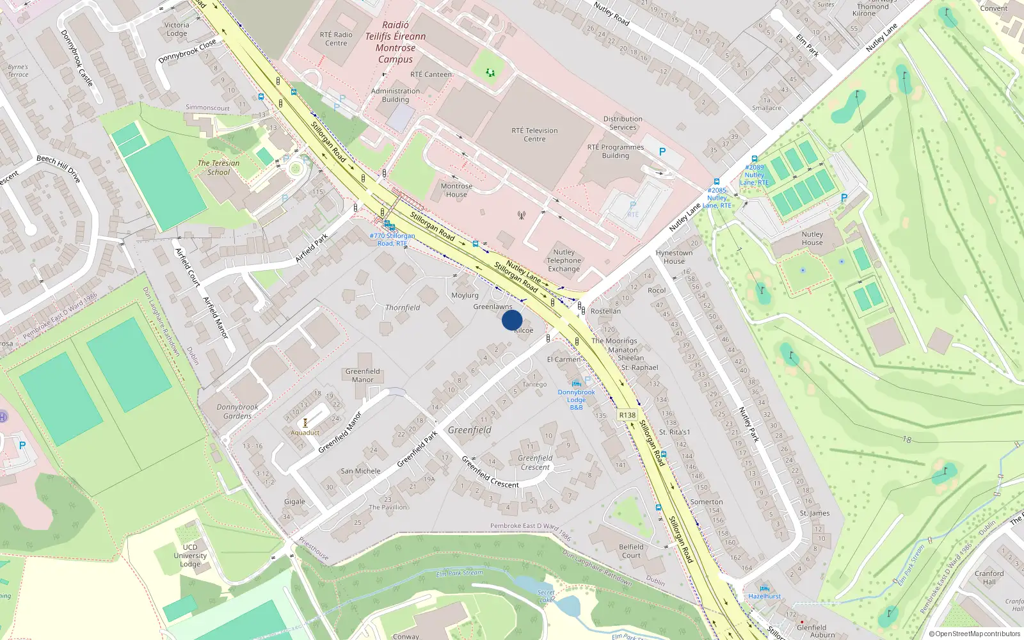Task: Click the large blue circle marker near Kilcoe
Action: click(x=512, y=320)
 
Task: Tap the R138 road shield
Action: click(x=627, y=415)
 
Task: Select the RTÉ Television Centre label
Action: click(x=534, y=134)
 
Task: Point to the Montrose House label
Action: click(x=456, y=190)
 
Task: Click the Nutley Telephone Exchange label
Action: click(x=564, y=260)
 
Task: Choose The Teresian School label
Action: click(x=218, y=168)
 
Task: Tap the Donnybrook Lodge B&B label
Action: click(x=576, y=399)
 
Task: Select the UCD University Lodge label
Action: click(x=190, y=556)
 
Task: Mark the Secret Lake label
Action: click(x=546, y=596)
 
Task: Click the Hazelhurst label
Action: click(x=765, y=596)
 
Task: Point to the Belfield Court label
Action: click(x=631, y=551)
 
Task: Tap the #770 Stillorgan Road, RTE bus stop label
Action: click(x=392, y=239)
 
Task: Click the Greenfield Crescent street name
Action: click(x=490, y=473)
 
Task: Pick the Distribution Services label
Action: click(x=623, y=123)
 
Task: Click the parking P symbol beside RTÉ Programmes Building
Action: click(x=662, y=152)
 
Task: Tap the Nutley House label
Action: click(x=812, y=238)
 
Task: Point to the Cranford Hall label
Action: click(x=989, y=577)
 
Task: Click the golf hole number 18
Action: click(x=907, y=440)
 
